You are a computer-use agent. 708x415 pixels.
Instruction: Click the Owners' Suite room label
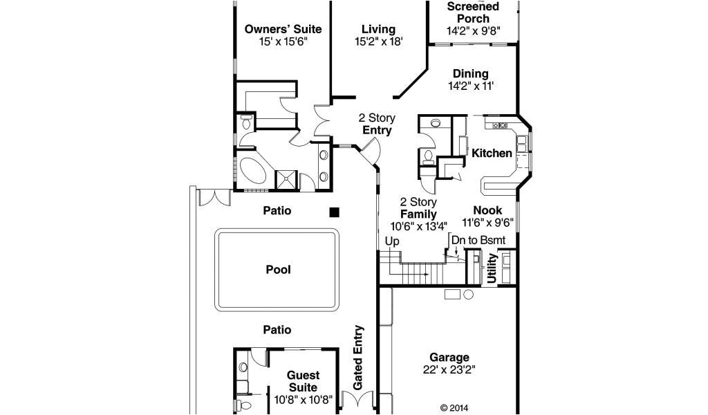(x=283, y=29)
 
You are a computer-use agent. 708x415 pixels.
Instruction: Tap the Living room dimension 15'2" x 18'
(x=378, y=41)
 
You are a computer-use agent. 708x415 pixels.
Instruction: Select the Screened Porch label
(x=473, y=12)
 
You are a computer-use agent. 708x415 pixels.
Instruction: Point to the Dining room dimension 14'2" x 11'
(x=470, y=86)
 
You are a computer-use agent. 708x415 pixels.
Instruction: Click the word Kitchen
(x=492, y=153)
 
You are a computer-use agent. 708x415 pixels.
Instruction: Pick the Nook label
(x=487, y=210)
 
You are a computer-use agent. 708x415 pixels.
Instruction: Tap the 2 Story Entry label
(x=377, y=124)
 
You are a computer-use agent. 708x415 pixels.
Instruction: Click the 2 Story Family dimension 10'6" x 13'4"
(x=418, y=225)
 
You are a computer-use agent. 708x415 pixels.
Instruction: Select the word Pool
(x=278, y=270)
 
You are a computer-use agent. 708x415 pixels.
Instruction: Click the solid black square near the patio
(x=334, y=212)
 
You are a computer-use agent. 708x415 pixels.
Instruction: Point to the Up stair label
(x=392, y=241)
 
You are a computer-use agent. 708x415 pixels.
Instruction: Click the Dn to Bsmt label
(x=478, y=240)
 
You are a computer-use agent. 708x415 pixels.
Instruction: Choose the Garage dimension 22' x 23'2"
(x=449, y=369)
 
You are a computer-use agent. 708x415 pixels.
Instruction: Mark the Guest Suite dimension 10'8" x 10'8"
(x=303, y=399)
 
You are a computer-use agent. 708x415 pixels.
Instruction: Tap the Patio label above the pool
(x=277, y=210)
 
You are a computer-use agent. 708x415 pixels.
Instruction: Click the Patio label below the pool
(x=277, y=330)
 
